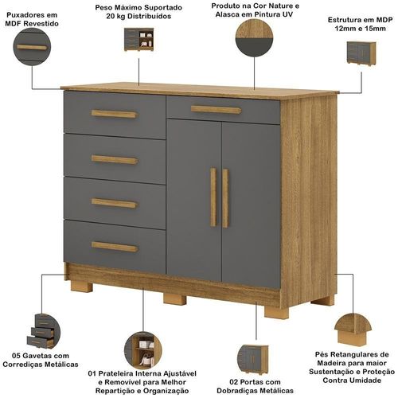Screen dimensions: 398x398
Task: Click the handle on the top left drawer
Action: [x=115, y=114]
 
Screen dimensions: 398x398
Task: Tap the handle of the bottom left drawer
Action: [x=115, y=247]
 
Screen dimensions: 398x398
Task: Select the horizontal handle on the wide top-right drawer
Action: [x=216, y=110]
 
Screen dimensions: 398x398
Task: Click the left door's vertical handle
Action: [x=213, y=197]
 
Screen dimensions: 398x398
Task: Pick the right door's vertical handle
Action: [x=225, y=198]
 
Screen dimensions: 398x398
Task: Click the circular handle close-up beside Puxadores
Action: [x=32, y=47]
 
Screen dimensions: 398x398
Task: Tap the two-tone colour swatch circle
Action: [x=254, y=37]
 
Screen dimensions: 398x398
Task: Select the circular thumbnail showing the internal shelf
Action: [x=143, y=349]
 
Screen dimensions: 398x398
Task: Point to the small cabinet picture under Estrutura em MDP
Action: [x=361, y=53]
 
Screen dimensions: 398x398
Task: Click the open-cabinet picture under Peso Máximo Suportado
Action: [x=139, y=40]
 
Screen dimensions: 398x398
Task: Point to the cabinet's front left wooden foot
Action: [x=81, y=287]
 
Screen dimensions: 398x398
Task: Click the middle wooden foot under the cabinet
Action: [x=174, y=298]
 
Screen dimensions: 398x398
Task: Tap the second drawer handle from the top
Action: [x=115, y=160]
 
